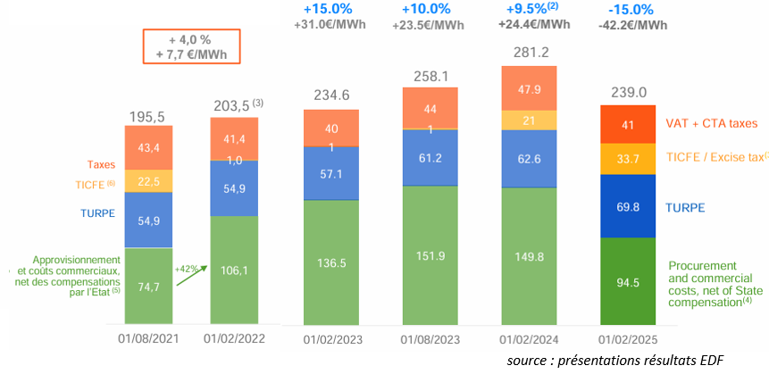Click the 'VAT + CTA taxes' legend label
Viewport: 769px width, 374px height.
(711, 123)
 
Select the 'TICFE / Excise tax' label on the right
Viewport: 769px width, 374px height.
(715, 157)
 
